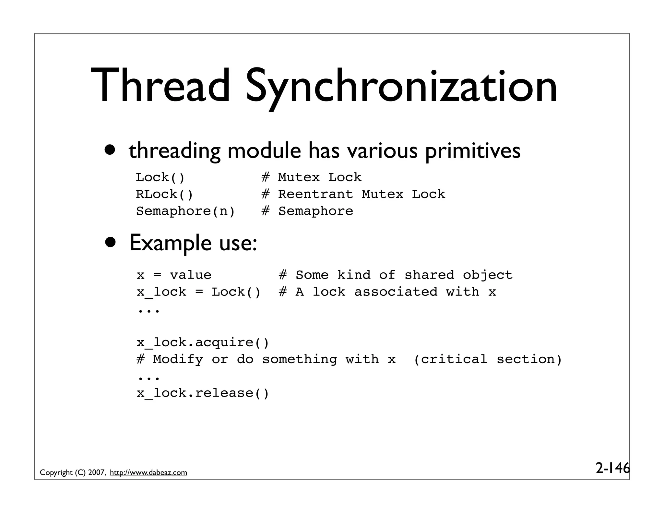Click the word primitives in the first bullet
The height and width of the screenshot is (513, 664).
coord(472,151)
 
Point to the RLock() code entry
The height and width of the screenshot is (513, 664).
coord(164,194)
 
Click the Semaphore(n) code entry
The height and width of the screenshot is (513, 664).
coord(185,211)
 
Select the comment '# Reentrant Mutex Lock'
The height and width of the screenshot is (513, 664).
coord(353,194)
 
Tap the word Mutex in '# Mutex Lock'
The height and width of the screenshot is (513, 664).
coord(299,177)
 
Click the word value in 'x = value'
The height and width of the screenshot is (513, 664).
coord(190,275)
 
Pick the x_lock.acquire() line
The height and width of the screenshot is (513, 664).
coord(203,342)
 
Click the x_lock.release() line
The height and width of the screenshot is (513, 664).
coord(203,393)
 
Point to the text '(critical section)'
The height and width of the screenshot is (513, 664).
coord(488,359)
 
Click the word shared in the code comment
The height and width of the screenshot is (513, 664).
coord(429,275)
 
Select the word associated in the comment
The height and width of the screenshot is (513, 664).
coord(396,292)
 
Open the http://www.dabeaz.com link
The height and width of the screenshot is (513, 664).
coord(148,473)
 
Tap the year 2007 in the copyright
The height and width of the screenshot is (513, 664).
coord(96,473)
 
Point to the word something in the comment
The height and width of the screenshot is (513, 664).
coord(299,359)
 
